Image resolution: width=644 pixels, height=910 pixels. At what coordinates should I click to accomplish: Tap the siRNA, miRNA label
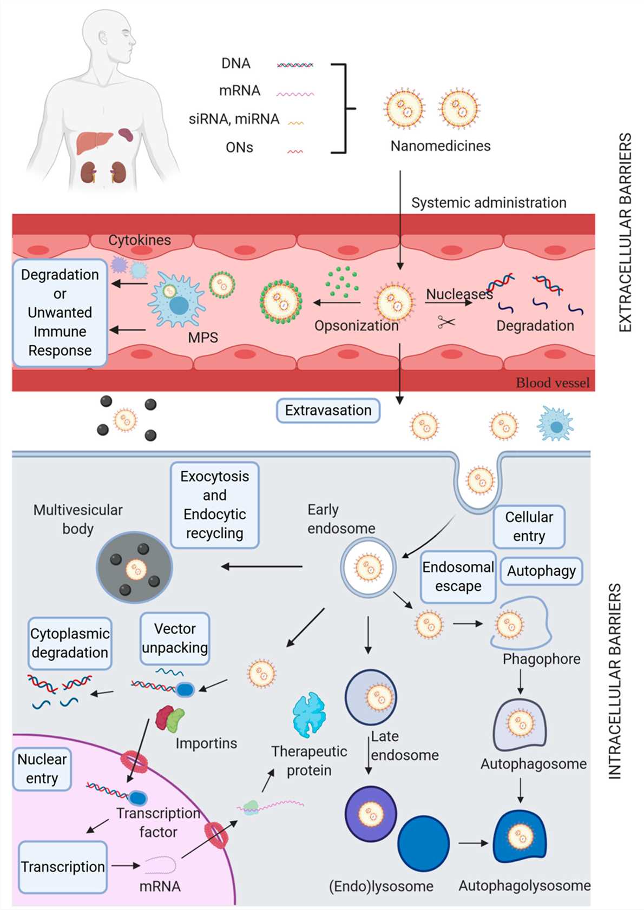[234, 119]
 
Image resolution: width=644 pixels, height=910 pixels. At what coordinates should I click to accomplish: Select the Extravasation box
[328, 411]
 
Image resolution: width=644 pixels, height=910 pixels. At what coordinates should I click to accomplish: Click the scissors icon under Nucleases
[446, 322]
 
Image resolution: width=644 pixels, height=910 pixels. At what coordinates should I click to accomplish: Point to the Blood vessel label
[552, 383]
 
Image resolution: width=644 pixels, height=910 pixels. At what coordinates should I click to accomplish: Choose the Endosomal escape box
[458, 577]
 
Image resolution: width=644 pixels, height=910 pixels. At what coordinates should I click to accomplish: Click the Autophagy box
[541, 571]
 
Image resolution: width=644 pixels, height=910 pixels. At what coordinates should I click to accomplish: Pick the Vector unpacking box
[174, 638]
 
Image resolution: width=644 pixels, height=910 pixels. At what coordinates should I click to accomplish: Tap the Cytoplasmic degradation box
[70, 643]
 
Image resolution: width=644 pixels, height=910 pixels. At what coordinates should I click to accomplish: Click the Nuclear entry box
[42, 769]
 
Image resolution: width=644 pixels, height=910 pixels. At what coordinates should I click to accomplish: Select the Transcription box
[62, 867]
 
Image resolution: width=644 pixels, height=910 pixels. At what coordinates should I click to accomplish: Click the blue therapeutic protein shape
[308, 714]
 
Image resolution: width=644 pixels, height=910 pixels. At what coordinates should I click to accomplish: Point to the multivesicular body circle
[134, 568]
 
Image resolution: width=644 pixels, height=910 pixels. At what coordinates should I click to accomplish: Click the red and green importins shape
[169, 718]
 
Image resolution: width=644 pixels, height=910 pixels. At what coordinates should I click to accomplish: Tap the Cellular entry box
[529, 526]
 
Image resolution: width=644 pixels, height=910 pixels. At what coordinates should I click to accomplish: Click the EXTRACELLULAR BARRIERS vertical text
[625, 233]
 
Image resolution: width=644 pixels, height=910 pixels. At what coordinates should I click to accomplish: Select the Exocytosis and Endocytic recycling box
[214, 505]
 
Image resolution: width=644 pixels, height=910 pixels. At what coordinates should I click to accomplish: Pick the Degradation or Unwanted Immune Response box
[60, 313]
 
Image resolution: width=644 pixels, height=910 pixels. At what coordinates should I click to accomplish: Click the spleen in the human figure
[126, 134]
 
